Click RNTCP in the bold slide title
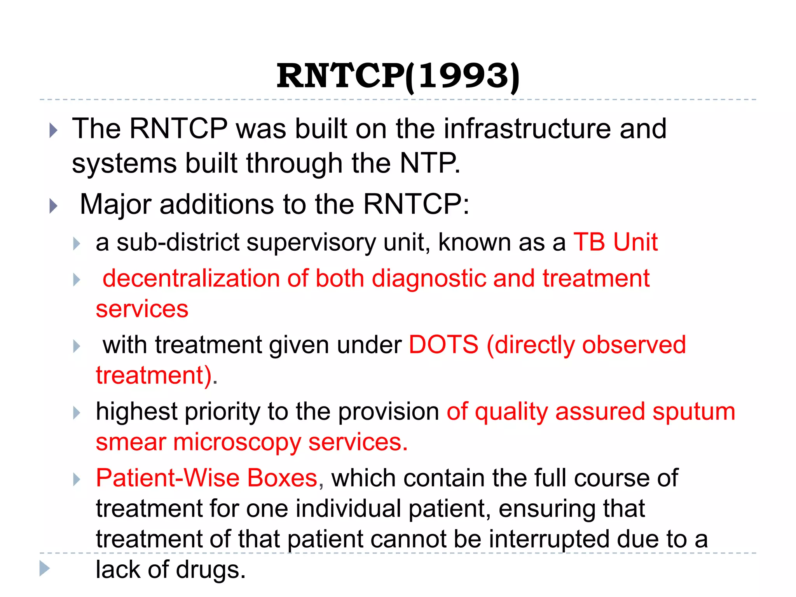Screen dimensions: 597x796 point(340,76)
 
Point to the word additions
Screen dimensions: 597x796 point(216,204)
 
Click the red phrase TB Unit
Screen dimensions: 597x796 point(615,242)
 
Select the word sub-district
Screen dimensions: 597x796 point(178,242)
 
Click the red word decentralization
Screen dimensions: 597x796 point(191,279)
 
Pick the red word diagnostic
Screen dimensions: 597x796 point(428,279)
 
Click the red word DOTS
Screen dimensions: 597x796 point(443,345)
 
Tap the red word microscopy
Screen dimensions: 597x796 point(237,443)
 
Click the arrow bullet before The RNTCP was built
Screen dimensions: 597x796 point(54,130)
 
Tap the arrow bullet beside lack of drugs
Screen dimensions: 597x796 point(45,568)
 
